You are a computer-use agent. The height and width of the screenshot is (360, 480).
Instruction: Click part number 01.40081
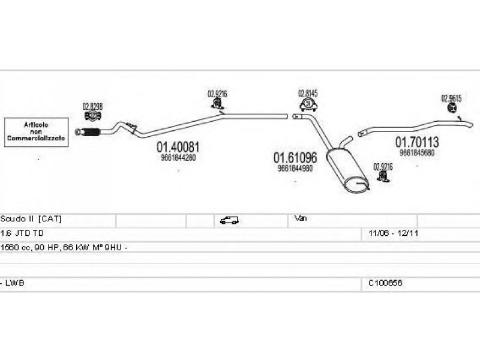click(178, 147)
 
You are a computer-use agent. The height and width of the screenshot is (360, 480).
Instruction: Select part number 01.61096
click(295, 158)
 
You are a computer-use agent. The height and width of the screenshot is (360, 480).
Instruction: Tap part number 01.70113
click(416, 143)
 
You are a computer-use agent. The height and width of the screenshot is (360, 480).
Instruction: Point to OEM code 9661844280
click(178, 158)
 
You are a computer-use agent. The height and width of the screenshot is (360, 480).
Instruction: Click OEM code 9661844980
click(295, 169)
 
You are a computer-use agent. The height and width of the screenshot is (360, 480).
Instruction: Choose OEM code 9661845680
click(416, 152)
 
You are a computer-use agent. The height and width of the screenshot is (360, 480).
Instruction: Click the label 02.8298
click(92, 107)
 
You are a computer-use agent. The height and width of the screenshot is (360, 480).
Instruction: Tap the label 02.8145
click(308, 94)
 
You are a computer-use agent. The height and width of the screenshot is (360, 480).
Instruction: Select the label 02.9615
click(452, 98)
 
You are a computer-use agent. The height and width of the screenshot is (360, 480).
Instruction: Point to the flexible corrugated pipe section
click(89, 131)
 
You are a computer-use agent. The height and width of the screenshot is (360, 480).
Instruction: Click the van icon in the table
click(229, 220)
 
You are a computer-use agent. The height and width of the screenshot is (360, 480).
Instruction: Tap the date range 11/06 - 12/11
click(389, 233)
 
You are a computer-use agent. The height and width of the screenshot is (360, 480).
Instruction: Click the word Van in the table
click(301, 219)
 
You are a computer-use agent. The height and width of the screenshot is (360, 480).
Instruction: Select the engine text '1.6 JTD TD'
click(22, 233)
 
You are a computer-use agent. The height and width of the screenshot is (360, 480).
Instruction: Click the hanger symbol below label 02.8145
click(308, 106)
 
